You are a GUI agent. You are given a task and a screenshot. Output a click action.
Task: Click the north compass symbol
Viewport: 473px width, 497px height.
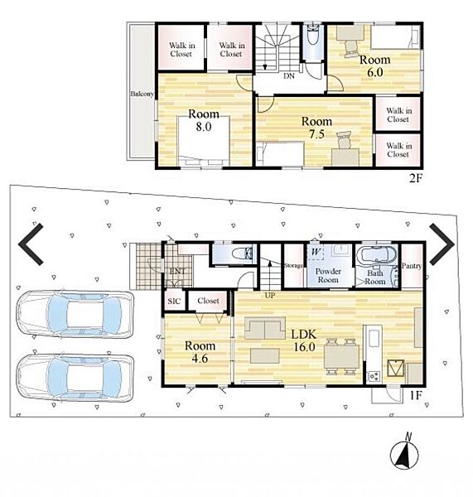point(404,452)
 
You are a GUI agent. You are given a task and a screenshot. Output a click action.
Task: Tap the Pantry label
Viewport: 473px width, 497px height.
point(412,266)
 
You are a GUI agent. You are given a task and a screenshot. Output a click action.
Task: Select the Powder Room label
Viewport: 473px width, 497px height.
point(328,276)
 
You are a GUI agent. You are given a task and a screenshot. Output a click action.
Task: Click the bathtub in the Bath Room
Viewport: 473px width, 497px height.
point(376,255)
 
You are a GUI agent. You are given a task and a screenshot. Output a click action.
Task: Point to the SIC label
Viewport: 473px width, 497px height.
point(174,302)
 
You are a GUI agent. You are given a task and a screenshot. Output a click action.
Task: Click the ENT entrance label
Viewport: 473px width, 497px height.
point(178,272)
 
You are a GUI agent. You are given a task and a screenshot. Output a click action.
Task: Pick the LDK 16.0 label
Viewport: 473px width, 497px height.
point(304,340)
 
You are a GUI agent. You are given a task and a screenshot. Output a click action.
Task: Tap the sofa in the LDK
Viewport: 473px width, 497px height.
point(265,328)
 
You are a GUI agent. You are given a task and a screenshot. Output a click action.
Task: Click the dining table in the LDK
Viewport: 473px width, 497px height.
point(341,356)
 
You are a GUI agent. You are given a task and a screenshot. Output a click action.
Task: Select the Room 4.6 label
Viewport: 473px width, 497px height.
point(200,351)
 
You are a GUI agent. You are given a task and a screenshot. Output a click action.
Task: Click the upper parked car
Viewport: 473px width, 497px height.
point(75,315)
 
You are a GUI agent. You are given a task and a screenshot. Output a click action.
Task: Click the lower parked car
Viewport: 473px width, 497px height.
point(75,378)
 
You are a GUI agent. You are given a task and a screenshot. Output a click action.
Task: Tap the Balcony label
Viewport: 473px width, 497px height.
point(142,94)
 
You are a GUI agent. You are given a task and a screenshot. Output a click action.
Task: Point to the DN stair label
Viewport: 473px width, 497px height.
point(289,76)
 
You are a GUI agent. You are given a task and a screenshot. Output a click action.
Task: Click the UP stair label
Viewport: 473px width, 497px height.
point(270,296)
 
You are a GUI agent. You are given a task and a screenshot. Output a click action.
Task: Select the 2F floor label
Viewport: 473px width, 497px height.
point(416,179)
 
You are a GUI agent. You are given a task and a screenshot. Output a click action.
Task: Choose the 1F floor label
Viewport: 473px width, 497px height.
point(416,395)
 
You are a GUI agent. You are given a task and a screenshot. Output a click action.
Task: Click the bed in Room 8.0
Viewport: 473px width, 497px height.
point(204,141)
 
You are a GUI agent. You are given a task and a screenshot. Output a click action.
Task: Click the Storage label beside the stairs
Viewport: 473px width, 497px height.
point(293,266)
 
